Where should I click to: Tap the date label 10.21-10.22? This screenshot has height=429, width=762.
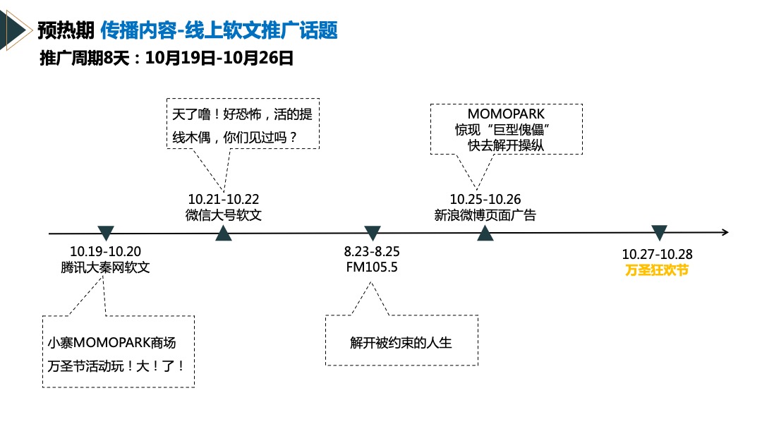[x=224, y=200]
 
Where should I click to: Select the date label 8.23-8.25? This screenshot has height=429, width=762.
[x=373, y=253]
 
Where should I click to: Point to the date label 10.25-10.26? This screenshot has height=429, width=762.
[x=485, y=200]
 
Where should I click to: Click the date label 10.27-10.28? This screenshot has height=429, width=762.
[x=657, y=254]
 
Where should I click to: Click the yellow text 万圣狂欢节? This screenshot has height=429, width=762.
[x=657, y=270]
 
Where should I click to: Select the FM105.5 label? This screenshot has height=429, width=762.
[x=372, y=268]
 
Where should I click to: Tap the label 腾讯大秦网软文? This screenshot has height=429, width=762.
[x=106, y=268]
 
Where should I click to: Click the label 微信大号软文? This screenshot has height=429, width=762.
[x=224, y=215]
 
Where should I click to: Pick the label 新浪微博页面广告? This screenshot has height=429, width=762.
[x=485, y=215]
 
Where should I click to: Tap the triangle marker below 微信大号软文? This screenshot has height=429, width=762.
[x=223, y=234]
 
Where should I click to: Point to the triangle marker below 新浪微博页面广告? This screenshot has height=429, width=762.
[x=485, y=234]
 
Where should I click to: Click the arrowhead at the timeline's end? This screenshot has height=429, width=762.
[x=725, y=232]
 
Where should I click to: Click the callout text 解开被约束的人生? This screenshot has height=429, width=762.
[x=401, y=344]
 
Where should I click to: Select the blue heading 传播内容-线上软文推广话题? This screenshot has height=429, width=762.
[x=219, y=30]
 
